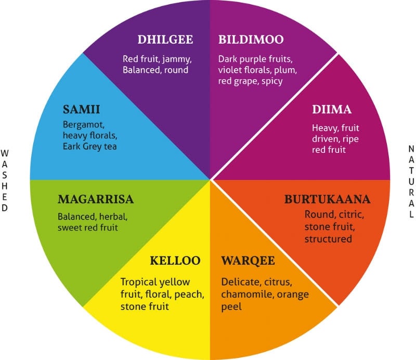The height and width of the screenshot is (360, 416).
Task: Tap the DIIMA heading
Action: pos(332,110)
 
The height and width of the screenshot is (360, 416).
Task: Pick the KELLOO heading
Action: pos(175,261)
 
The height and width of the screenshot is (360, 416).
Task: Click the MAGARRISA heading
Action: pos(96,199)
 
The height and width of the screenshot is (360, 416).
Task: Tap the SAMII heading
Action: pos(81,110)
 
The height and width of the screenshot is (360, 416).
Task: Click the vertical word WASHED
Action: pos(5,179)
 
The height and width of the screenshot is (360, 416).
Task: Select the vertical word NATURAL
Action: pos(411,179)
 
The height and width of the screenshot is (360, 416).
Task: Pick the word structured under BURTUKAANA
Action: pos(328,239)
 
